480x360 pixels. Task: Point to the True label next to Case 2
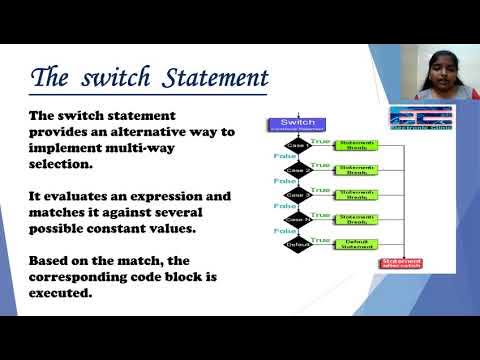click(x=320, y=165)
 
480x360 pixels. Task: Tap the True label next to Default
click(x=320, y=238)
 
